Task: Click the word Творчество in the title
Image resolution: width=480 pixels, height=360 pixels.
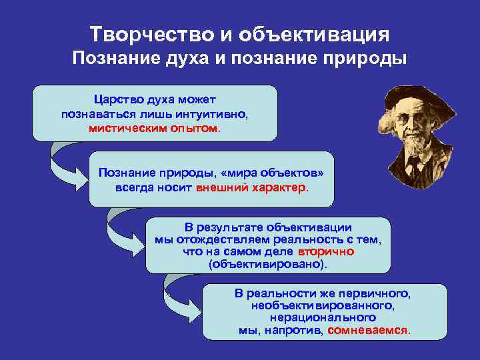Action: pyautogui.click(x=152, y=34)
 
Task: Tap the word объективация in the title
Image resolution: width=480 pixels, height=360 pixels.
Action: pyautogui.click(x=314, y=35)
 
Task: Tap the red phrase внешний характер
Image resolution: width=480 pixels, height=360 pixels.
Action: pyautogui.click(x=252, y=187)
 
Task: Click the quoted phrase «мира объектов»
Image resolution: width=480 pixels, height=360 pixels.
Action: pyautogui.click(x=271, y=173)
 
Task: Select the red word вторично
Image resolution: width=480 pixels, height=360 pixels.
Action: pyautogui.click(x=326, y=251)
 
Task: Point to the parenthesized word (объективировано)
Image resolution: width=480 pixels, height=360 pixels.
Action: pyautogui.click(x=268, y=264)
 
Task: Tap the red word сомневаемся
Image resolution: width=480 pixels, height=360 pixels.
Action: pyautogui.click(x=368, y=330)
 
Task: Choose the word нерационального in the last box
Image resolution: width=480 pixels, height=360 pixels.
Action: pyautogui.click(x=323, y=318)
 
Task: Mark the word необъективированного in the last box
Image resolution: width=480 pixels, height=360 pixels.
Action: pyautogui.click(x=323, y=305)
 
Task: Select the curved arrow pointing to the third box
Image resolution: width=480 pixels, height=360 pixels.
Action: pyautogui.click(x=121, y=231)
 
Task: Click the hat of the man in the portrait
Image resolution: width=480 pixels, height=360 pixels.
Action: pyautogui.click(x=419, y=99)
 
